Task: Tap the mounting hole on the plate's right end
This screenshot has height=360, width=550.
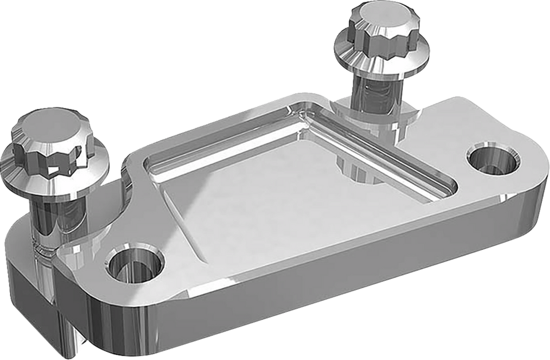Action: click(493, 159)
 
